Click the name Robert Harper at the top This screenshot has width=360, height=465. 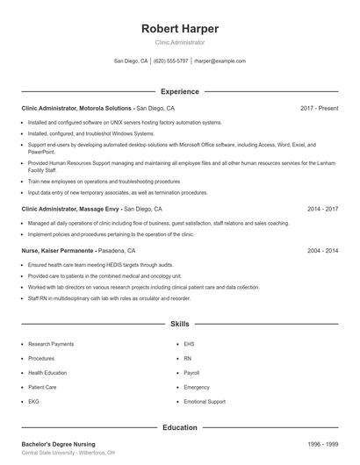click(180, 29)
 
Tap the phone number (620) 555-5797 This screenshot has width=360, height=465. click(171, 61)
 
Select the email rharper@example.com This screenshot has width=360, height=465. click(220, 61)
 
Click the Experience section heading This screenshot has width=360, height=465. click(180, 91)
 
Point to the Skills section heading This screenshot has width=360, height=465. click(180, 324)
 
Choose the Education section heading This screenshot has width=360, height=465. click(180, 427)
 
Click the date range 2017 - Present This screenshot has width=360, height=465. click(319, 108)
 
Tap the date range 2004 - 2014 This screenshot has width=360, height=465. click(322, 250)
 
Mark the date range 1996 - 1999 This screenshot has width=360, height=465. click(322, 444)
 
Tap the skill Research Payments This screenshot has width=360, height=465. click(51, 345)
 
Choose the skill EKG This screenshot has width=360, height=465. click(34, 401)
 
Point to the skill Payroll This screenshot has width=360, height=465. click(192, 373)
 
